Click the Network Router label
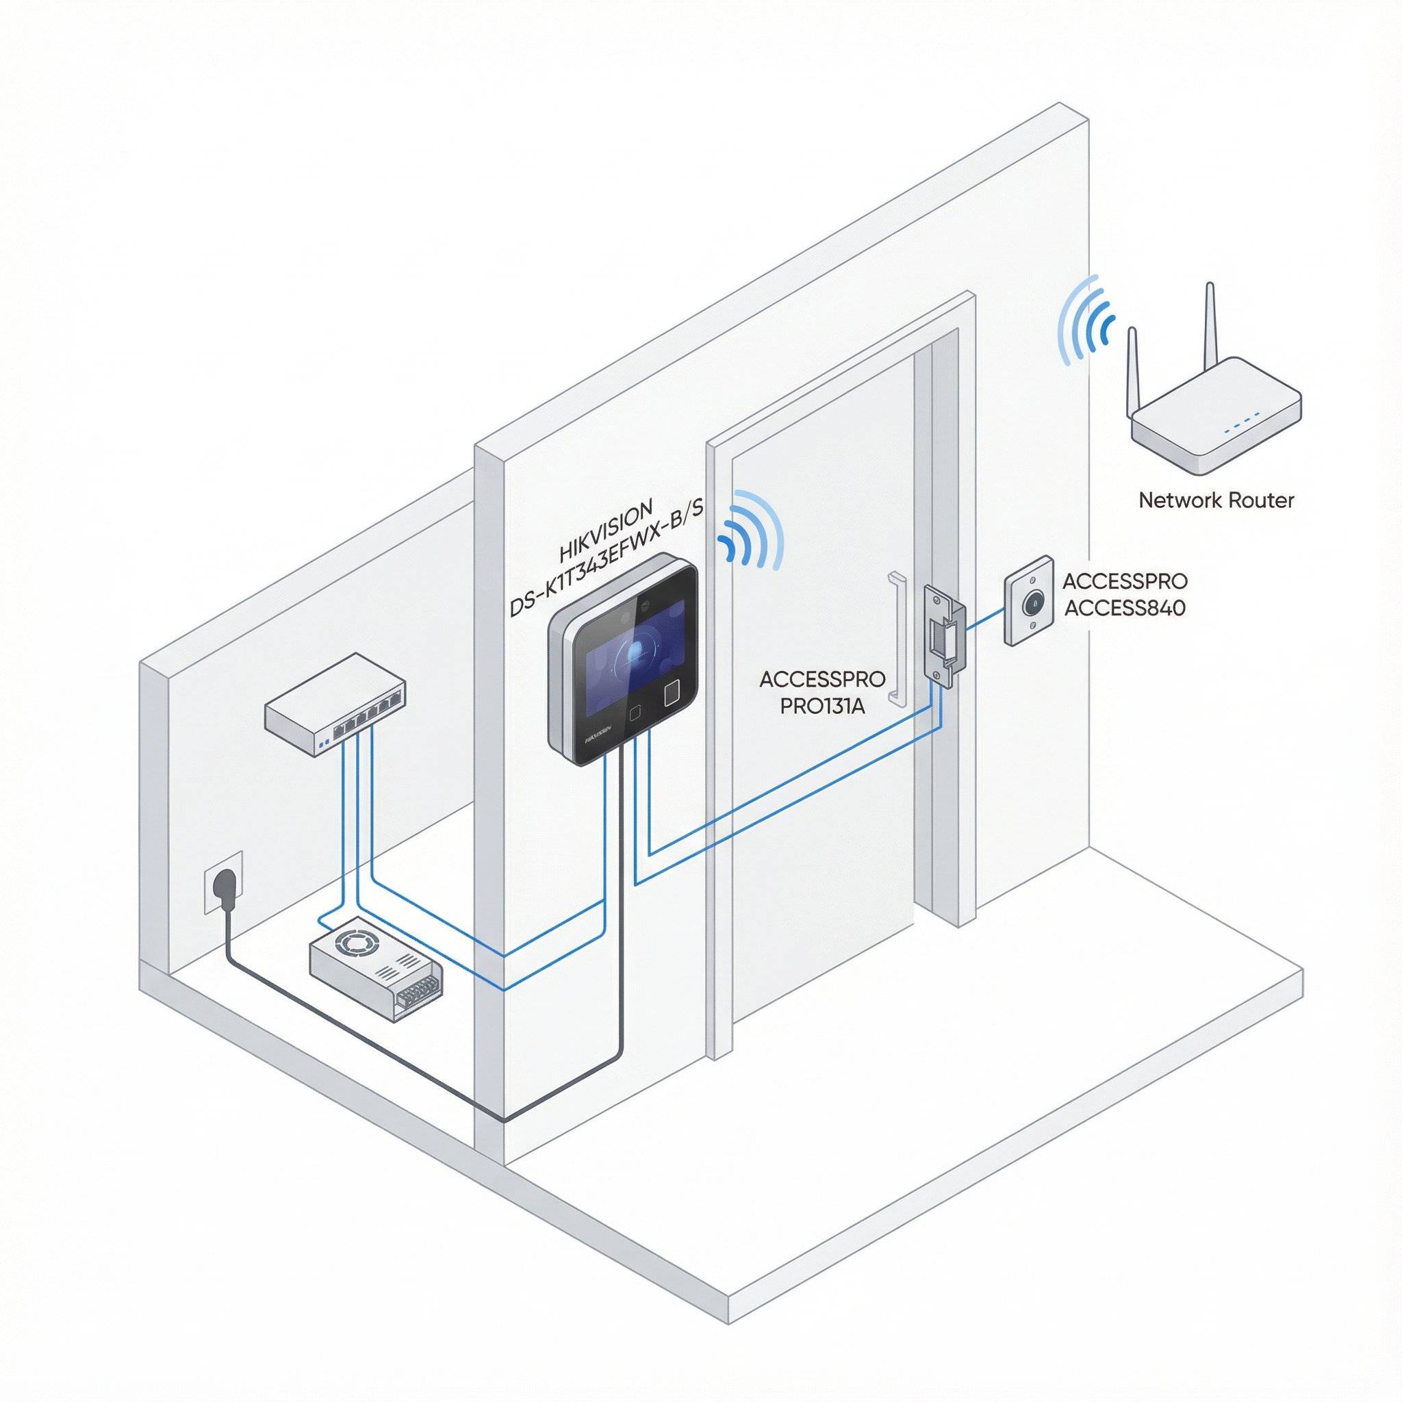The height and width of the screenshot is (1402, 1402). click(1216, 500)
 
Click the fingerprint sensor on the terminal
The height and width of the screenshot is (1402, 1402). click(672, 693)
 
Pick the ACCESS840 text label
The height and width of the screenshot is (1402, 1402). click(1124, 607)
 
